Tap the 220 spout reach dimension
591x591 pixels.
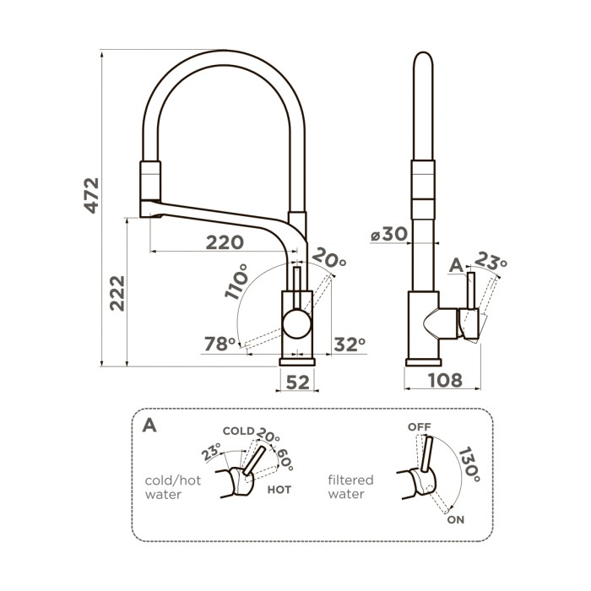point(225,242)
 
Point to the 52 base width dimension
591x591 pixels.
point(297,382)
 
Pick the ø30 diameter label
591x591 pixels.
point(388,236)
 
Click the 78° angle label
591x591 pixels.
point(220,344)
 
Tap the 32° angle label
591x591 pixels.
point(349,344)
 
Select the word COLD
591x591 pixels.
point(238,431)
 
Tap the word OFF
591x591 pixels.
point(420,426)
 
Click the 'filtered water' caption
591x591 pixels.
point(350,487)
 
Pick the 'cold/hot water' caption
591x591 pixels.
point(174,487)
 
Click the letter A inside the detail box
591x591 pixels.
point(149,425)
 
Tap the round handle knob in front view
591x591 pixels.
point(297,323)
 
